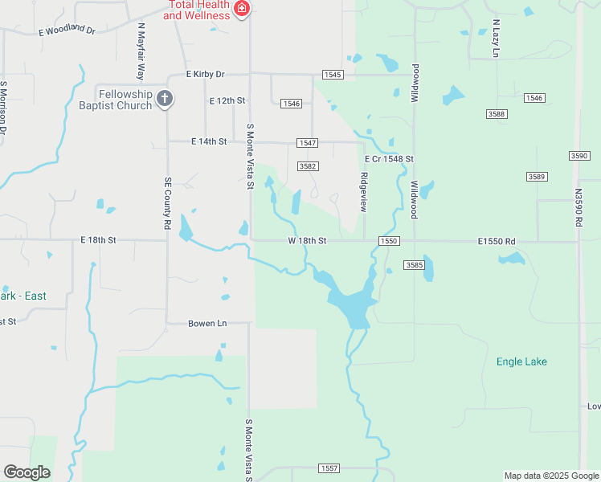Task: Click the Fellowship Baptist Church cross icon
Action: [164, 99]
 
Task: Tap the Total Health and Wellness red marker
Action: [241, 10]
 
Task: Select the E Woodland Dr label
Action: [67, 31]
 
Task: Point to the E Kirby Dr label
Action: [206, 74]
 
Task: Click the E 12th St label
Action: [227, 101]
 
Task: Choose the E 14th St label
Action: [209, 141]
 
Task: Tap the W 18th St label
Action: [308, 240]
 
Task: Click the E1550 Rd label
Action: [496, 240]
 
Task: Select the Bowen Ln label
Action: [206, 323]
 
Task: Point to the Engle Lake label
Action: [521, 361]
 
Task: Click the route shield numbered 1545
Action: [333, 75]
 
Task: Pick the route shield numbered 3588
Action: [497, 114]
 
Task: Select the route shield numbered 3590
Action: [579, 156]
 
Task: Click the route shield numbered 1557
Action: [329, 468]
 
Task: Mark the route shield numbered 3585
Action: [415, 264]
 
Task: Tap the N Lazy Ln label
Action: [496, 38]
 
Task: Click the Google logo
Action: [27, 472]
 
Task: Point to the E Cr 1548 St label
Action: [389, 159]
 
